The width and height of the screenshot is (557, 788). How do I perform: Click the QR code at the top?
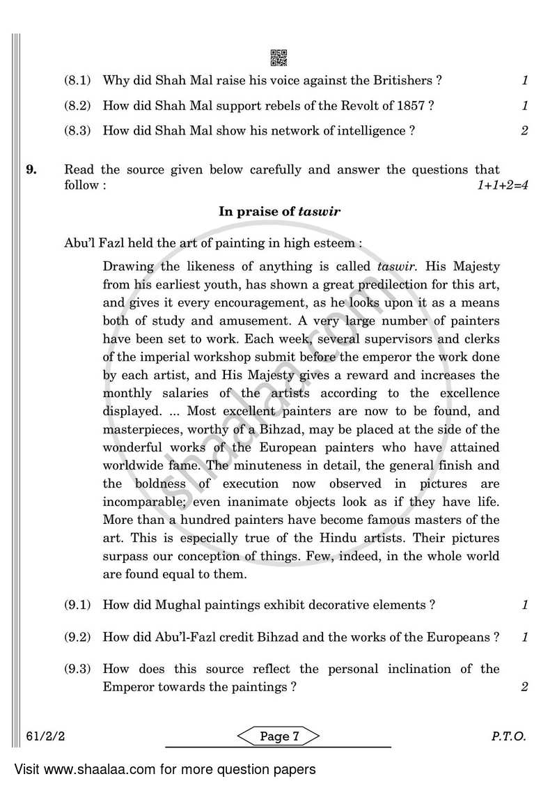coord(278,57)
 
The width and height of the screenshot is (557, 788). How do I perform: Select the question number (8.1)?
coord(77,80)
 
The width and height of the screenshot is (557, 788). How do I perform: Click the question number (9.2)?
coord(77,637)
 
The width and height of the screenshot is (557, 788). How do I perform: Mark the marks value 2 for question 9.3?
coord(524,687)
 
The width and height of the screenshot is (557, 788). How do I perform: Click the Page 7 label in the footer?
coord(278,736)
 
